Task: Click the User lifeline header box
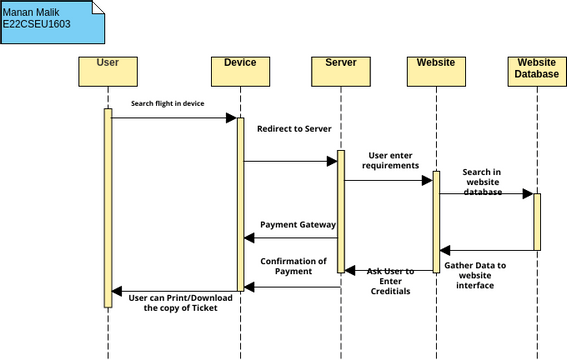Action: coord(108,69)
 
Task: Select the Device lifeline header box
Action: coord(240,69)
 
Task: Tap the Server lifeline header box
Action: coord(341,69)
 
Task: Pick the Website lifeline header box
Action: coord(436,69)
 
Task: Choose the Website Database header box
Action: coord(537,69)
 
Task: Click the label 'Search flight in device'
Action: coord(167,104)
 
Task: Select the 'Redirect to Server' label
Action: coord(294,129)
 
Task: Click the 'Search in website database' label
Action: coord(482,181)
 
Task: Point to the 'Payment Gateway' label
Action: coord(298,225)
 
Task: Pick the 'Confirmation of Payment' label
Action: coord(294,266)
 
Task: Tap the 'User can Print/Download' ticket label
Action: coord(179,301)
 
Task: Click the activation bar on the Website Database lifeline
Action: coord(537,221)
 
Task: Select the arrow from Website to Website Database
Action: coord(486,194)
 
